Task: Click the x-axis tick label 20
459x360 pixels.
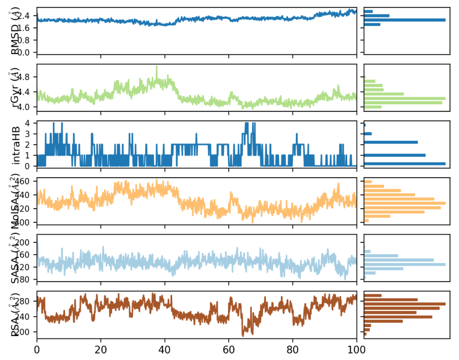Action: tap(101, 351)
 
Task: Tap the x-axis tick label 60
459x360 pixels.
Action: tap(229, 351)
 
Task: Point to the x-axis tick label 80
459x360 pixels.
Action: tap(292, 351)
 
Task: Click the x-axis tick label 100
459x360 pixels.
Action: tap(356, 351)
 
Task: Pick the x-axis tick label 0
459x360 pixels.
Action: tap(36, 351)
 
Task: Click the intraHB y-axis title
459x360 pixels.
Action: tap(17, 144)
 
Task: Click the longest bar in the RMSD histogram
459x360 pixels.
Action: tap(405, 20)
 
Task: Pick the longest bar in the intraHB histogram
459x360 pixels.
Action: tap(405, 164)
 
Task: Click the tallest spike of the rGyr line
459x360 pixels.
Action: tap(157, 66)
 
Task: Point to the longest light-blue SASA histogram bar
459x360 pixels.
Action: tap(405, 264)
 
